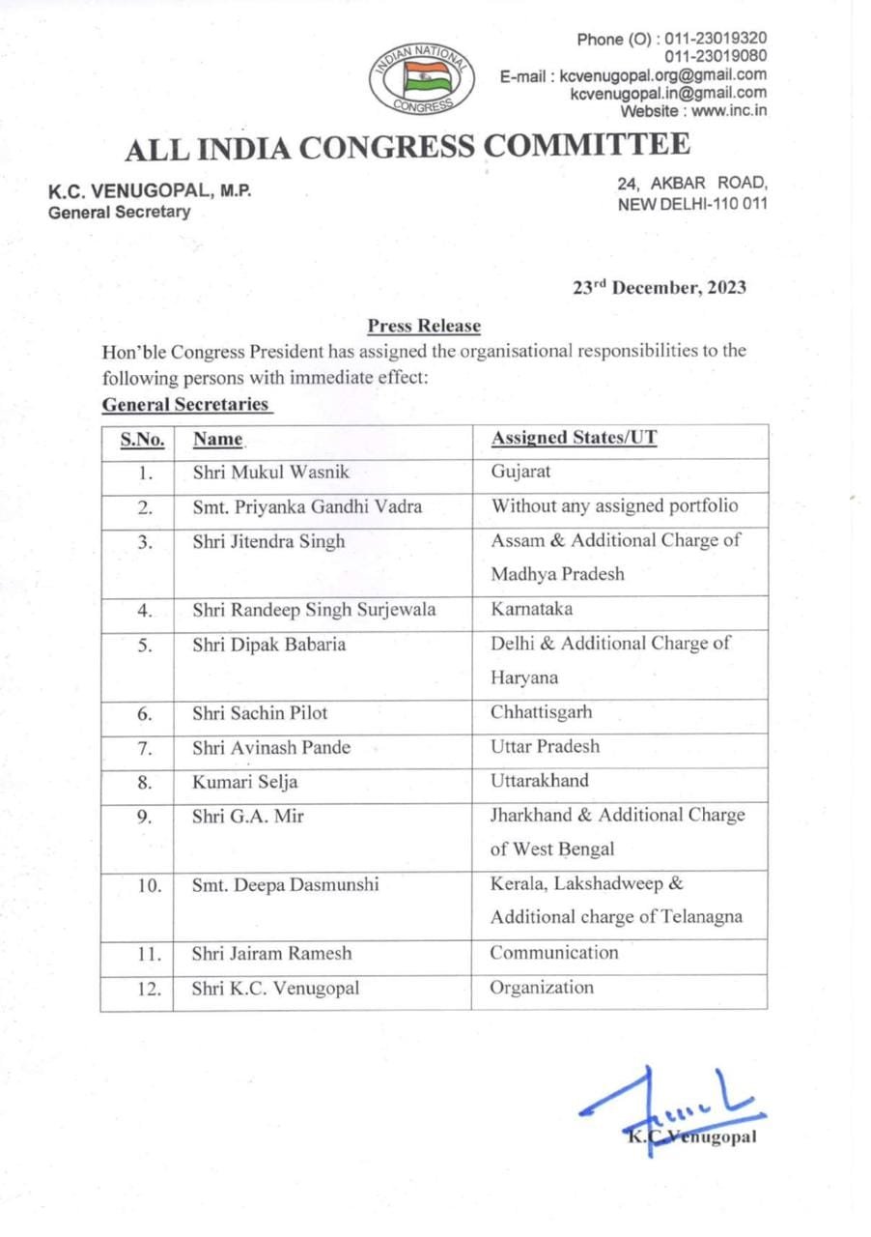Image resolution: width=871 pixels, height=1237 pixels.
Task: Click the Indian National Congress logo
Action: [x=421, y=76]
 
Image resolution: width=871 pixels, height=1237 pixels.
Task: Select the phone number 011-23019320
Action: [x=711, y=40]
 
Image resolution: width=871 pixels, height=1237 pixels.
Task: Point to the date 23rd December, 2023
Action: [x=659, y=288]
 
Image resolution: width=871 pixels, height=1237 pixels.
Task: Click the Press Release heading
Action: [x=424, y=327]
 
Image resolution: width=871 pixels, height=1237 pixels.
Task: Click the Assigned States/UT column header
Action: [x=574, y=438]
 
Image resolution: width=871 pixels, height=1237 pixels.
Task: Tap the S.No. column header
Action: [x=142, y=440]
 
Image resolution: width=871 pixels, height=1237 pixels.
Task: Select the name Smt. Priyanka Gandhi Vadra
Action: [x=307, y=506]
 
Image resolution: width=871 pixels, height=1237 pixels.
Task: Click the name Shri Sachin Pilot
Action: [x=260, y=713]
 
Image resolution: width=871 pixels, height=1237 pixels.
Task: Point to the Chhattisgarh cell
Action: [x=541, y=713]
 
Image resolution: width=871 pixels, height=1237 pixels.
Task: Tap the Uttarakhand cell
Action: [x=539, y=780]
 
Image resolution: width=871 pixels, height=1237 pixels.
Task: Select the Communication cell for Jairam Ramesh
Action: [x=554, y=952]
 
